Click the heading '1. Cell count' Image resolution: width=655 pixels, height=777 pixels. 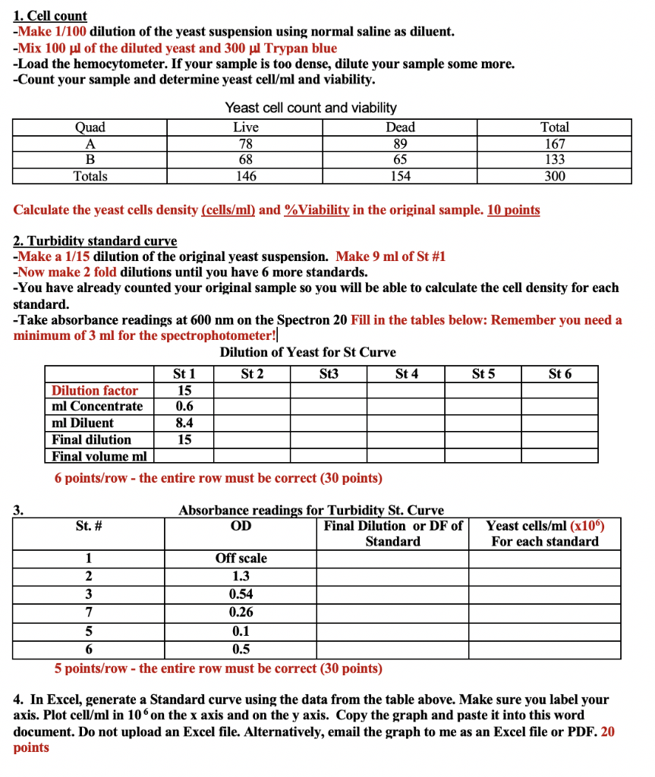coord(50,15)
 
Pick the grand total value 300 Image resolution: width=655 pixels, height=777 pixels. coord(554,176)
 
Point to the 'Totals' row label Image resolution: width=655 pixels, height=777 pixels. coord(90,176)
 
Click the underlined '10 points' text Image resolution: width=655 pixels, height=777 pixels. coord(513,209)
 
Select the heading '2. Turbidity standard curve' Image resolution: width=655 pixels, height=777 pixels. coord(95,241)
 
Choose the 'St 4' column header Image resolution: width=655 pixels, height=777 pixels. coord(407,373)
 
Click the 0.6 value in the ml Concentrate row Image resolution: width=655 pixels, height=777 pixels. coord(184,406)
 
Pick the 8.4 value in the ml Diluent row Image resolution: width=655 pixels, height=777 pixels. coord(184,423)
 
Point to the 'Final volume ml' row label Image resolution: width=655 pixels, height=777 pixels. coord(99,456)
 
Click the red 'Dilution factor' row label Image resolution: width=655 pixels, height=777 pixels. coord(95,390)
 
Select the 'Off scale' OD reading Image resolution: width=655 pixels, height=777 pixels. coord(241,558)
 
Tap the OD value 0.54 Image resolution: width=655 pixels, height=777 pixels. coord(241,594)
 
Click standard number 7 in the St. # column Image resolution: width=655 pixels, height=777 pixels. coord(89,612)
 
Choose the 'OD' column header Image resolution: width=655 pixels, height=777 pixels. coord(241,526)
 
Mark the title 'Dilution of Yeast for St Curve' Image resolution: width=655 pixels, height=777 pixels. coord(307,352)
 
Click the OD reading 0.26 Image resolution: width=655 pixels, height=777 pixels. coord(241,612)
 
